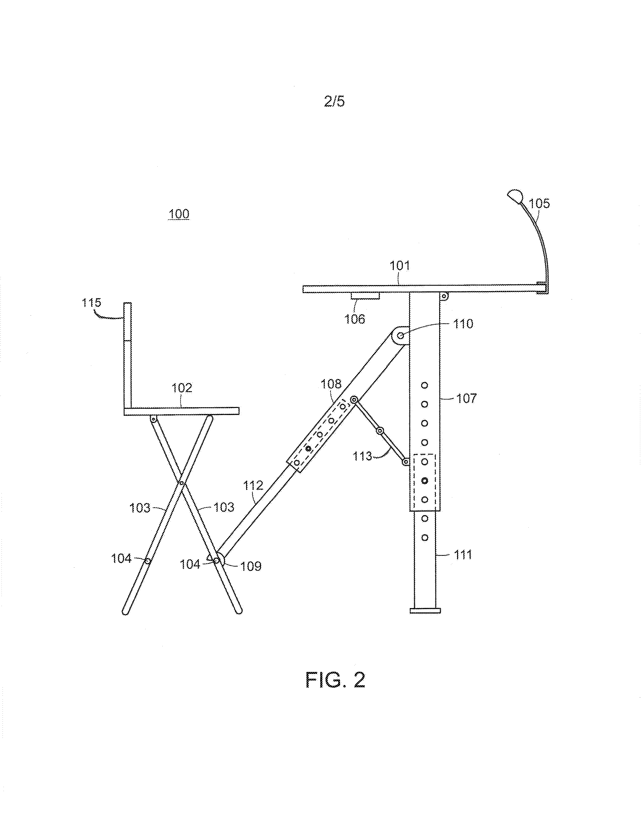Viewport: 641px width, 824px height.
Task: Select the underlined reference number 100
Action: pos(179,214)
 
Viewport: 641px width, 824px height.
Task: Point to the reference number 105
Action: pos(539,204)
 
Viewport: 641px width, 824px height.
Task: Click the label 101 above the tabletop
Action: pos(399,266)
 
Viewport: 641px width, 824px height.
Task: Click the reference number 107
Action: pos(467,398)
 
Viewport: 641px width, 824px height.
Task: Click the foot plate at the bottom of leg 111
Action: pos(425,610)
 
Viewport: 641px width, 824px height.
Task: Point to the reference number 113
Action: pos(362,456)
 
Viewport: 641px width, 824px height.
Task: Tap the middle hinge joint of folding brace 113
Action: pos(380,431)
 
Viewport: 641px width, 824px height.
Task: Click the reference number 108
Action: pos(331,384)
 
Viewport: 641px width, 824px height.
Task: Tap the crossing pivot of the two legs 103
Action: pos(181,483)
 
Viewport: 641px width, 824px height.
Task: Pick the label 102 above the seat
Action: pos(182,388)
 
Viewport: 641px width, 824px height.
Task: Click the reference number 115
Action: pos(92,303)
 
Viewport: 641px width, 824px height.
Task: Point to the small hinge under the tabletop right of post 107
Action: pos(444,297)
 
